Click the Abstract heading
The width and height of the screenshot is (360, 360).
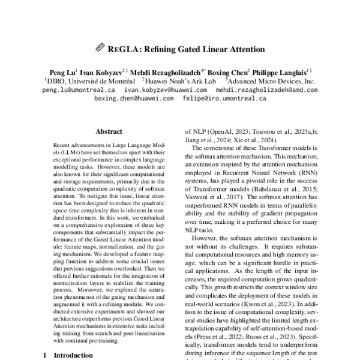click(109, 130)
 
